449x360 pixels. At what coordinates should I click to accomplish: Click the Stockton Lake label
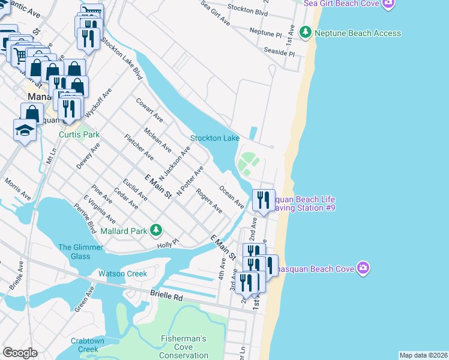[x=215, y=138]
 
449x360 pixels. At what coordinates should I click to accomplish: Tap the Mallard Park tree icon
[x=156, y=230]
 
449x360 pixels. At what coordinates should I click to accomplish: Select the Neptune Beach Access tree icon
[x=306, y=32]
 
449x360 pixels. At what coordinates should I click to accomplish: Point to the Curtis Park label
[x=79, y=134]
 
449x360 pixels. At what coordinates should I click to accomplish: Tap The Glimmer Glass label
[x=74, y=252]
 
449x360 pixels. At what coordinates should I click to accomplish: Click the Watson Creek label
[x=122, y=274]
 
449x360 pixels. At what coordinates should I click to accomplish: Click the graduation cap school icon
[x=25, y=130]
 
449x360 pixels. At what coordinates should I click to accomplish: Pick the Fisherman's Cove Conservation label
[x=184, y=347]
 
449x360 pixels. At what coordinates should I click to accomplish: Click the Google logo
[x=20, y=353]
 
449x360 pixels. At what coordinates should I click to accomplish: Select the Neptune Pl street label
[x=265, y=32]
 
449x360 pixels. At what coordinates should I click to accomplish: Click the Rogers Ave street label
[x=209, y=202]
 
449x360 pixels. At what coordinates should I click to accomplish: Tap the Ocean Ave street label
[x=232, y=197]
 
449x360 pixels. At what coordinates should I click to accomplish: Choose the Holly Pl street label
[x=168, y=244]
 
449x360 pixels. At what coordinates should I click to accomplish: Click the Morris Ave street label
[x=17, y=188]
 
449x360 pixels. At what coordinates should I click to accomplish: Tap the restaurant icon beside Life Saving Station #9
[x=264, y=199]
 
